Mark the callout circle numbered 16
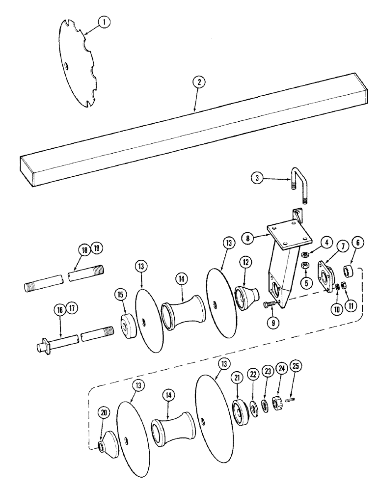tap(60, 310)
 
